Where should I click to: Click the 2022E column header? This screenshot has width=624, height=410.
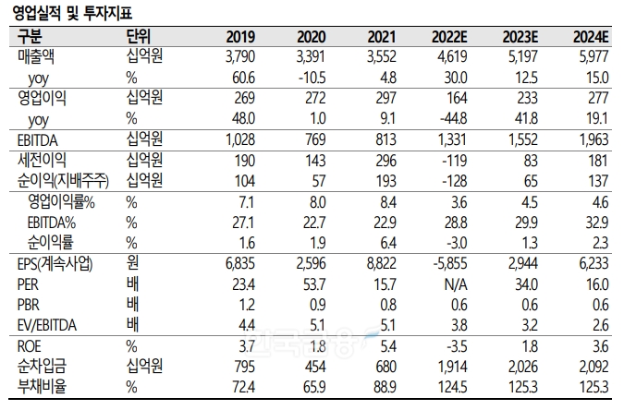coord(452,37)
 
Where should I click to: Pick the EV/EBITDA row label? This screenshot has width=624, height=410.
coord(48,323)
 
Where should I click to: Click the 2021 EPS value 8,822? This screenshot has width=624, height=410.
coord(380,266)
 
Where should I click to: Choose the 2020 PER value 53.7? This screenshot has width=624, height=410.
coord(312,285)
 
